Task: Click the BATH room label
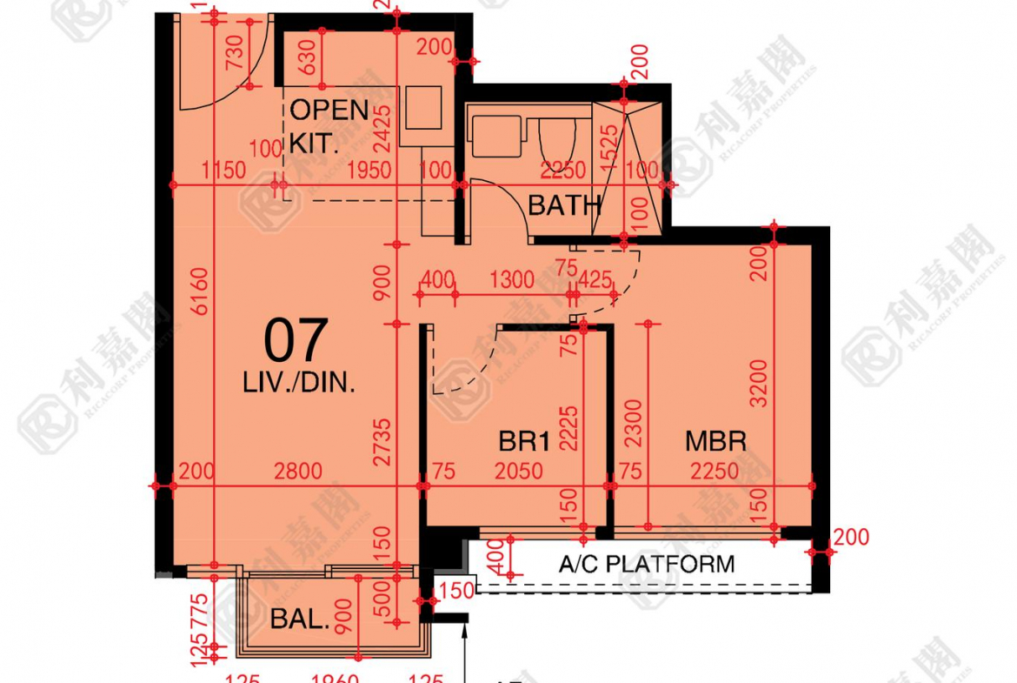point(564,206)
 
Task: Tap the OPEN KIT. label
point(329,127)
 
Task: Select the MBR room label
point(715,441)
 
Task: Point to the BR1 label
point(524,442)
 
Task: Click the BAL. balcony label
point(300,619)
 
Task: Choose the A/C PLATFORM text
point(646,564)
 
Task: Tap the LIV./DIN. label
point(301,383)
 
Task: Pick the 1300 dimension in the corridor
point(511,280)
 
